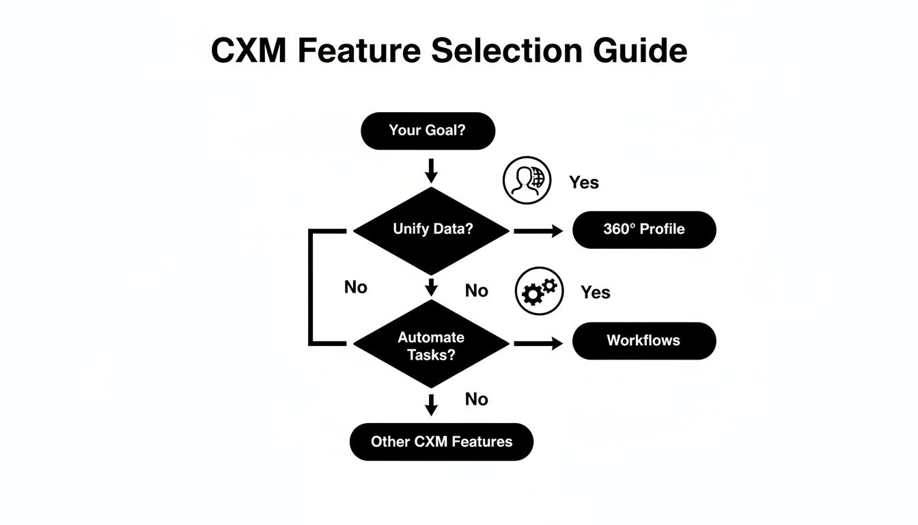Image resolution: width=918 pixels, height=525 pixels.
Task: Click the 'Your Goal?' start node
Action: click(x=428, y=131)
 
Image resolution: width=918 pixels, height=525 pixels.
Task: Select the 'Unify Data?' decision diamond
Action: click(x=432, y=230)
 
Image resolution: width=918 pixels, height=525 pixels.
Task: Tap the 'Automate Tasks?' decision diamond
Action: click(x=431, y=345)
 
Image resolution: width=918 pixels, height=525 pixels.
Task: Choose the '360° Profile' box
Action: click(x=644, y=230)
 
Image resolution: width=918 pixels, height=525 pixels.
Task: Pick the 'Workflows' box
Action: click(x=644, y=340)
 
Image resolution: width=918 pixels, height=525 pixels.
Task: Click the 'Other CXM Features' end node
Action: click(x=441, y=442)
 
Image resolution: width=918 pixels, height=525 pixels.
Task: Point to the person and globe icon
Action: click(x=526, y=180)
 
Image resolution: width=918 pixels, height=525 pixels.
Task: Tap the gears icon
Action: click(x=539, y=291)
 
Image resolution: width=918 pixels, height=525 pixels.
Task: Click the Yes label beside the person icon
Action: click(x=584, y=183)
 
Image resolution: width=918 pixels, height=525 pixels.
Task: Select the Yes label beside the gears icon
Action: click(x=595, y=293)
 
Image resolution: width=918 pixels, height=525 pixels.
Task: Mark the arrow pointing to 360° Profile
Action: click(x=538, y=231)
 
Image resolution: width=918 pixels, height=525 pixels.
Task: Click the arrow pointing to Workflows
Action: click(x=538, y=343)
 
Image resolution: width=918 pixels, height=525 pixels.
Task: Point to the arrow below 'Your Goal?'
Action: click(x=430, y=171)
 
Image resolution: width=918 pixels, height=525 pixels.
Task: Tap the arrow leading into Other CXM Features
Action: click(x=430, y=404)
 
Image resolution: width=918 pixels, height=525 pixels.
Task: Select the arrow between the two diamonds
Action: click(x=430, y=286)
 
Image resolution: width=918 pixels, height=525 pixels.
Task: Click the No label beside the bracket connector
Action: click(x=356, y=287)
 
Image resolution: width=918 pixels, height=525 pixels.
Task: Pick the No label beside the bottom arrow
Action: click(x=476, y=399)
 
